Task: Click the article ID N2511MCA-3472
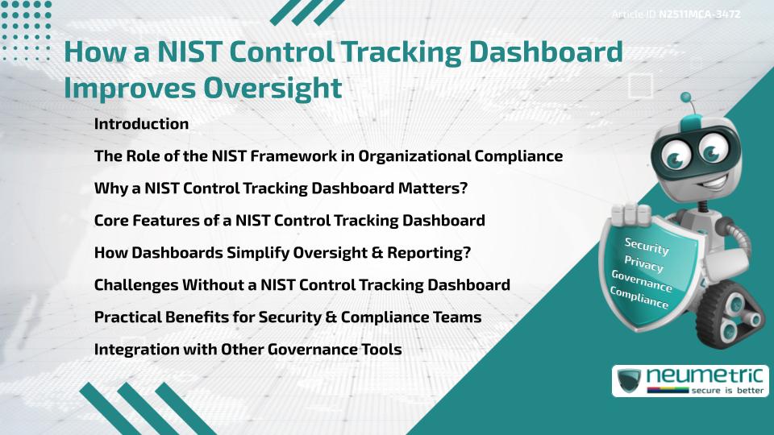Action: click(699, 14)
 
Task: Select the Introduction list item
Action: click(141, 124)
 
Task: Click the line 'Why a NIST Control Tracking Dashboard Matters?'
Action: click(281, 188)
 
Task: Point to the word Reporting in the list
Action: click(422, 253)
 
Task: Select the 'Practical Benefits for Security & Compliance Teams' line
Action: click(288, 317)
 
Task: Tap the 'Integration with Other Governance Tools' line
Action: click(248, 350)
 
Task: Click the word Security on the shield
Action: click(647, 246)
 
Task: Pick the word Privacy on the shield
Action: click(644, 264)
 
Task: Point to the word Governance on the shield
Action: click(642, 281)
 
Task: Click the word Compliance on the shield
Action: click(639, 298)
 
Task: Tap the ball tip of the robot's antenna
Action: click(687, 99)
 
